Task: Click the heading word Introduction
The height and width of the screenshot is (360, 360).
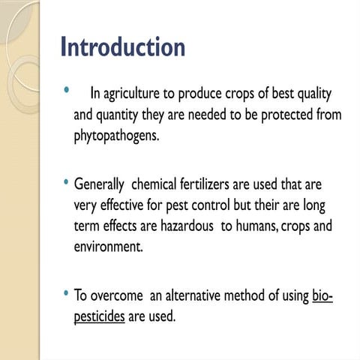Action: (122, 47)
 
